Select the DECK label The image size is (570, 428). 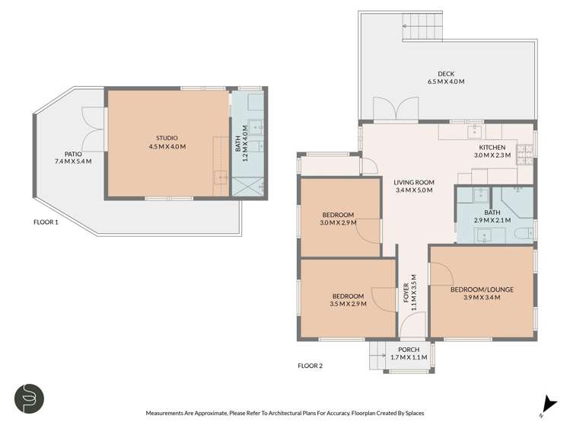click(x=446, y=74)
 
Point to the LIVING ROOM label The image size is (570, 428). click(x=413, y=182)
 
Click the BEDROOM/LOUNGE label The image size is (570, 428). click(x=480, y=289)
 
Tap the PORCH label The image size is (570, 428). click(x=409, y=349)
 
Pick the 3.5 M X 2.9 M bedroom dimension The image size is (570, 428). click(x=348, y=304)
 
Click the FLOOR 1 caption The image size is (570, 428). click(x=46, y=223)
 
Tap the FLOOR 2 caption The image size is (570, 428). click(x=310, y=366)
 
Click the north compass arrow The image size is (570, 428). click(x=546, y=404)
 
